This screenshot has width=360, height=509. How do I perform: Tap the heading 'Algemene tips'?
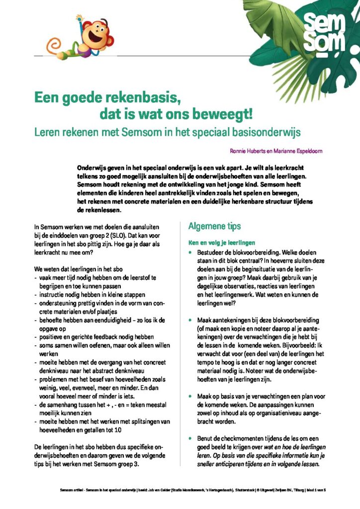pyautogui.click(x=214, y=226)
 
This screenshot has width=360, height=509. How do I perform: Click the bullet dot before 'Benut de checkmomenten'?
pyautogui.click(x=190, y=439)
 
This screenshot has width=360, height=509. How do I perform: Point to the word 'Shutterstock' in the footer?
pyautogui.click(x=246, y=490)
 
